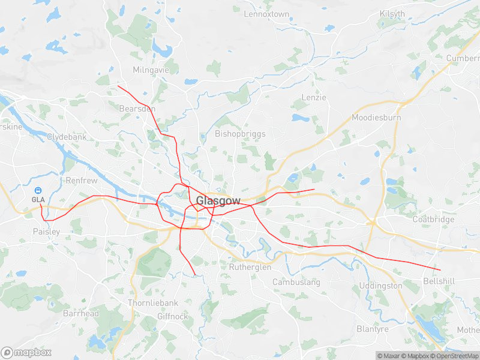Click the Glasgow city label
point(218,201)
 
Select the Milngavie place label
point(151,70)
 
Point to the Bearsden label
point(137,109)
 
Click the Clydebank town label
point(67,137)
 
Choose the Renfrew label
point(77,180)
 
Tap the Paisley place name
point(46,231)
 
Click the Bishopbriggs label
point(240,134)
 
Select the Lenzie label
point(314,97)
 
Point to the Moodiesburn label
point(376,118)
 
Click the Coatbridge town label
point(434,219)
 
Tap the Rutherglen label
point(250,268)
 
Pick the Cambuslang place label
point(296,282)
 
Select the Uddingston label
point(380,286)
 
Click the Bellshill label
point(439,281)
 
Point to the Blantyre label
point(373,329)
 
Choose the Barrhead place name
point(81,314)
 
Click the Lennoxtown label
point(266,14)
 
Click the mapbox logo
point(26,352)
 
